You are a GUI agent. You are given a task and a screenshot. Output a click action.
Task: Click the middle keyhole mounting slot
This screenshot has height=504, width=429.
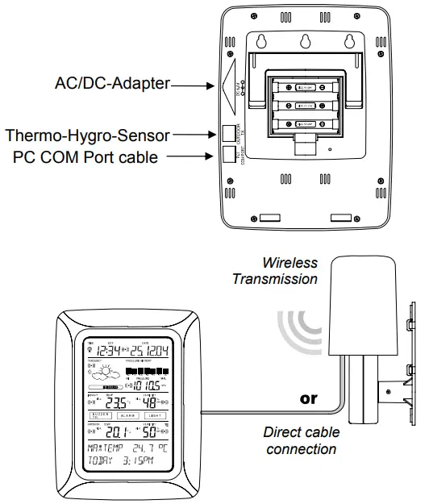[303, 41]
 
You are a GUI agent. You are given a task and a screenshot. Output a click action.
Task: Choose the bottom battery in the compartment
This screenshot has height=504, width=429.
[305, 123]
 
